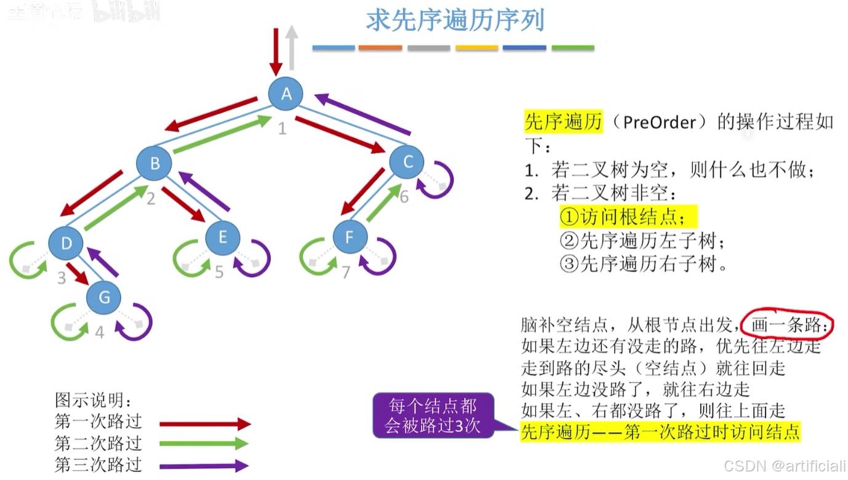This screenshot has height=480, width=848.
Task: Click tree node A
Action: (286, 94)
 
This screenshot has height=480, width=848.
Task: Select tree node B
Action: (155, 163)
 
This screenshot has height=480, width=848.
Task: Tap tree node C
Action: (407, 162)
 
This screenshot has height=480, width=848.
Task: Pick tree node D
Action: (66, 243)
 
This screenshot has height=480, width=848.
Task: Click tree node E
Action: (222, 238)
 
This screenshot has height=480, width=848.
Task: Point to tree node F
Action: (350, 237)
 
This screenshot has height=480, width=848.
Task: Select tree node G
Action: (104, 298)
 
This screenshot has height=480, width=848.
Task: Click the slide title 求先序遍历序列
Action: (455, 20)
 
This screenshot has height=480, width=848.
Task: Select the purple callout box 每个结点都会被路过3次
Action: (433, 415)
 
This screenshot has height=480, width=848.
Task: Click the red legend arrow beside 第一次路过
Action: (205, 424)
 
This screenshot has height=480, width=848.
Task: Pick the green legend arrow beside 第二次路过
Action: (204, 444)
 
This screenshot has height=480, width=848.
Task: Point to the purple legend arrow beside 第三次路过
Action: (204, 465)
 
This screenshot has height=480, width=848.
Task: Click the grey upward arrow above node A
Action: (292, 48)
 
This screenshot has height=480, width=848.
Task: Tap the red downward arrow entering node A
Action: (276, 50)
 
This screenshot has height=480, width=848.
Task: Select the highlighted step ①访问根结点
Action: (628, 217)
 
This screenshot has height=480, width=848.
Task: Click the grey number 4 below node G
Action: (100, 332)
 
